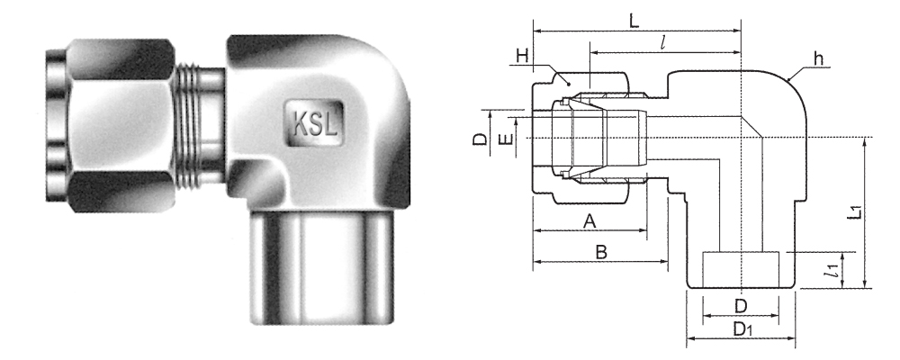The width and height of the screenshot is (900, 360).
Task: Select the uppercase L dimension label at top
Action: [634, 21]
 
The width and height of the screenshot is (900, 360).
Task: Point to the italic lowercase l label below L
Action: [663, 43]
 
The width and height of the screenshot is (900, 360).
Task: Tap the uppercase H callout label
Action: [522, 56]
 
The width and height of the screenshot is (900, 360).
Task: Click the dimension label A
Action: [589, 220]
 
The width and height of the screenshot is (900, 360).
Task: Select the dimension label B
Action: [601, 251]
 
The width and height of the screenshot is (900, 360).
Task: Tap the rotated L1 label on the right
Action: [856, 211]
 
